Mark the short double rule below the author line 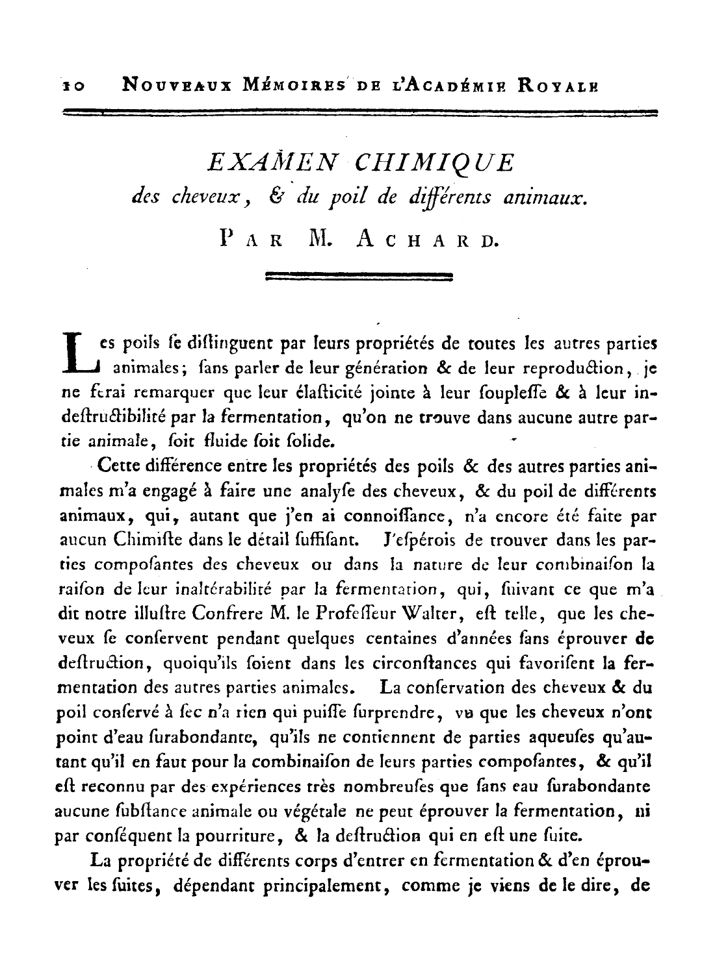coord(359,277)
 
